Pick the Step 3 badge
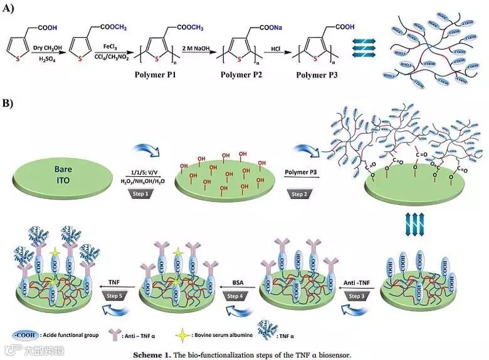tap(355, 295)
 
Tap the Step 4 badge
tap(235, 296)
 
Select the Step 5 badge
tap(115, 295)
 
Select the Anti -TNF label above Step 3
tap(356, 283)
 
